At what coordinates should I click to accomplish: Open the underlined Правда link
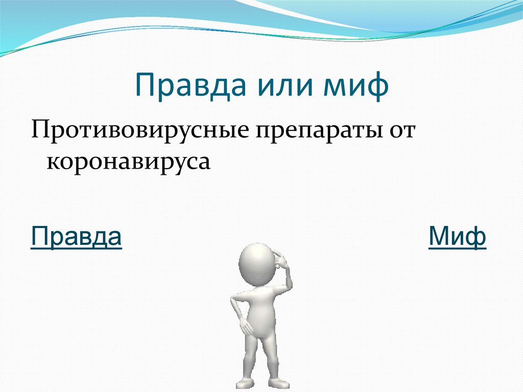(76, 236)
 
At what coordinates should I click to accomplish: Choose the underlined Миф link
(457, 236)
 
